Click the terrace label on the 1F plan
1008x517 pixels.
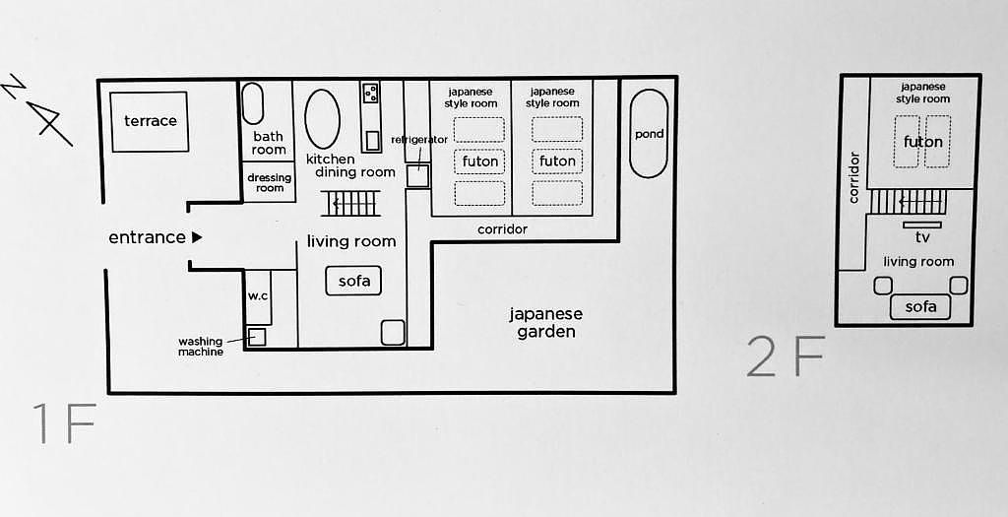151,121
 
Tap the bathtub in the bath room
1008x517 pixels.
253,102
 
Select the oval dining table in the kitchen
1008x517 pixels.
322,119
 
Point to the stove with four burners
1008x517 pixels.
370,94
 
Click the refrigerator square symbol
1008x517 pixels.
417,175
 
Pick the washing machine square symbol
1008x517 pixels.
257,337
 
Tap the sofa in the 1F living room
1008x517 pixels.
353,281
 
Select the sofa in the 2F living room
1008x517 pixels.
920,306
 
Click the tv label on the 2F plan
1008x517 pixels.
921,238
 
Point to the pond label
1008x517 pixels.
649,134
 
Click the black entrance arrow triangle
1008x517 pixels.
197,237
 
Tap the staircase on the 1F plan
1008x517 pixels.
350,203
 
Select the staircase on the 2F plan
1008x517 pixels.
909,202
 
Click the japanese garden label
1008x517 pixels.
545,323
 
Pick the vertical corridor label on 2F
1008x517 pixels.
853,177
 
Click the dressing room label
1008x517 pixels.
270,182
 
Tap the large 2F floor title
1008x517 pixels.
786,356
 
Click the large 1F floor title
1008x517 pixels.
64,423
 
